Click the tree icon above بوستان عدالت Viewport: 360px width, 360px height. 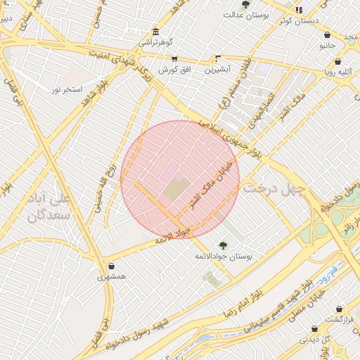(x=245, y=4)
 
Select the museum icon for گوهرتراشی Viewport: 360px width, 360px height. (x=155, y=32)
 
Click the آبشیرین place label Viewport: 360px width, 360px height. (x=218, y=70)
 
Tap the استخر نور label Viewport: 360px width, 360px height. (x=67, y=90)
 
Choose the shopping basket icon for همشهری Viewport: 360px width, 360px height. (x=112, y=266)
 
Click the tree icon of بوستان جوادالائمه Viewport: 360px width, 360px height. (x=223, y=245)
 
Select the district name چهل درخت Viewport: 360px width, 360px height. (x=275, y=188)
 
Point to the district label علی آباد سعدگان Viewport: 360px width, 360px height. (x=49, y=208)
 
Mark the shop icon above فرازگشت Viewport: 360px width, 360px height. (x=340, y=309)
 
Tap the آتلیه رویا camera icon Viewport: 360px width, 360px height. (x=328, y=60)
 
